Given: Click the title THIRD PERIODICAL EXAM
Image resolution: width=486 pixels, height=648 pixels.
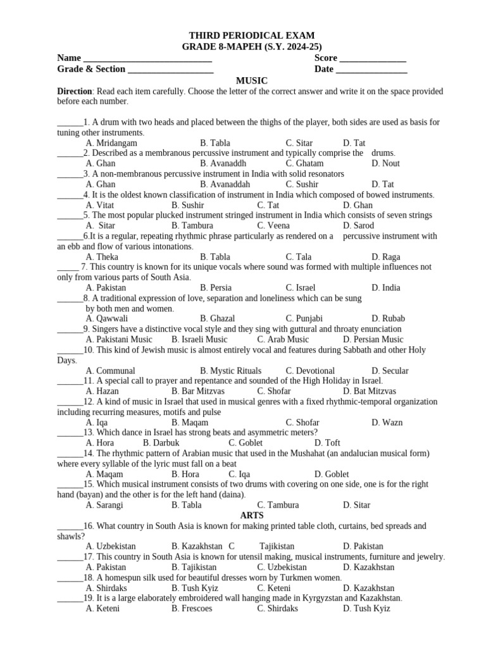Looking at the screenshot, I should coord(252,36).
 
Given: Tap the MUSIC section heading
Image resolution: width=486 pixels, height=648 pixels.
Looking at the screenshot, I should coord(252,80).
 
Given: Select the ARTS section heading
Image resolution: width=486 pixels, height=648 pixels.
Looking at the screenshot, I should coord(252,515).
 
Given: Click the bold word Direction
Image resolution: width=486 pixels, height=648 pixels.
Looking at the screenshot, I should coord(75,91).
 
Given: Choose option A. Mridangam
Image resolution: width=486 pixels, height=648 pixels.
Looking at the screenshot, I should coord(111,143).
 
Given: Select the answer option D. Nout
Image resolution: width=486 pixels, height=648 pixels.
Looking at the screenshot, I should coord(385,163).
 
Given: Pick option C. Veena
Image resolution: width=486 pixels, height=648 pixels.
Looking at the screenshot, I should coord(273,225).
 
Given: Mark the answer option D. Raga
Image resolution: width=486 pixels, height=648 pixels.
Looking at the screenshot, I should coord(385,257).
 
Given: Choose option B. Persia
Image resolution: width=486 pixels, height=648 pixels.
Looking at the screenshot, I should coord(216,287).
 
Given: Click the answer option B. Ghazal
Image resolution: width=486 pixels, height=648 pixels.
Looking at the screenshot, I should coord(217,318).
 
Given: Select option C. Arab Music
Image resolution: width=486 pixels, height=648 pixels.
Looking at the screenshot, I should coord(283,339).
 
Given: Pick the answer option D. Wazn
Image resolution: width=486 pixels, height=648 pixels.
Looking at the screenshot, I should coord(387,422).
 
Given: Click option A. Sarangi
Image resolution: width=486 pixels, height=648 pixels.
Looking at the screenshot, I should coord(104,505).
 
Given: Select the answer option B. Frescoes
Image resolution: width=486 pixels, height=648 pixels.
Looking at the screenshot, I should coord(192,608).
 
